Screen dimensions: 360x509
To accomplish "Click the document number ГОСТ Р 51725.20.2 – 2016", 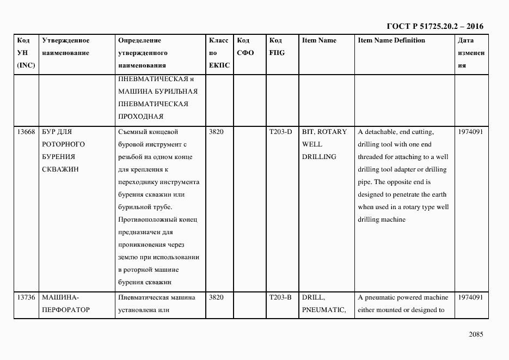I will pyautogui.click(x=434, y=26).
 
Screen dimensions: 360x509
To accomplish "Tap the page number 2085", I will pyautogui.click(x=475, y=334).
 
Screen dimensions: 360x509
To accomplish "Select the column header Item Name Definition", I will pyautogui.click(x=391, y=40).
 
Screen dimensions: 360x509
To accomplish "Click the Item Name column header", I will pyautogui.click(x=319, y=40).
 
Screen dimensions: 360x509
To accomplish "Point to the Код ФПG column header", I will pyautogui.click(x=277, y=47).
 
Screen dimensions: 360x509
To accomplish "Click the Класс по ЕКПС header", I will pyautogui.click(x=219, y=53).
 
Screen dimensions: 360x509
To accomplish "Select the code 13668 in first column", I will pyautogui.click(x=26, y=132).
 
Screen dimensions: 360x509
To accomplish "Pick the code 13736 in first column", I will pyautogui.click(x=26, y=297).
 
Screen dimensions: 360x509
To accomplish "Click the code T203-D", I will pyautogui.click(x=280, y=132).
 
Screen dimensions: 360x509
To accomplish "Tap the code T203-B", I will pyautogui.click(x=280, y=297).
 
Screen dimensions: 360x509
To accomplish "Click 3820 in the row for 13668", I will pyautogui.click(x=216, y=132).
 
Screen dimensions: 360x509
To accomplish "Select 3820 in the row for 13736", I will pyautogui.click(x=216, y=297).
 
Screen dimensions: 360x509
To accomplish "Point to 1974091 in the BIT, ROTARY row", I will pyautogui.click(x=470, y=132).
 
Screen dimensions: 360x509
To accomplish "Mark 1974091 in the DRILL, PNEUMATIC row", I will pyautogui.click(x=470, y=297).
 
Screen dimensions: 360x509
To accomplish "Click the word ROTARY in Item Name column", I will pyautogui.click(x=332, y=132).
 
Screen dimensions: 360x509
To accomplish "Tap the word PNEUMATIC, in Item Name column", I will pyautogui.click(x=324, y=310).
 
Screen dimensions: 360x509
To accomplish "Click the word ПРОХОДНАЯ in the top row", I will pyautogui.click(x=140, y=117).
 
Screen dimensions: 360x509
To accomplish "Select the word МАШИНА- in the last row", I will pyautogui.click(x=60, y=297).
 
